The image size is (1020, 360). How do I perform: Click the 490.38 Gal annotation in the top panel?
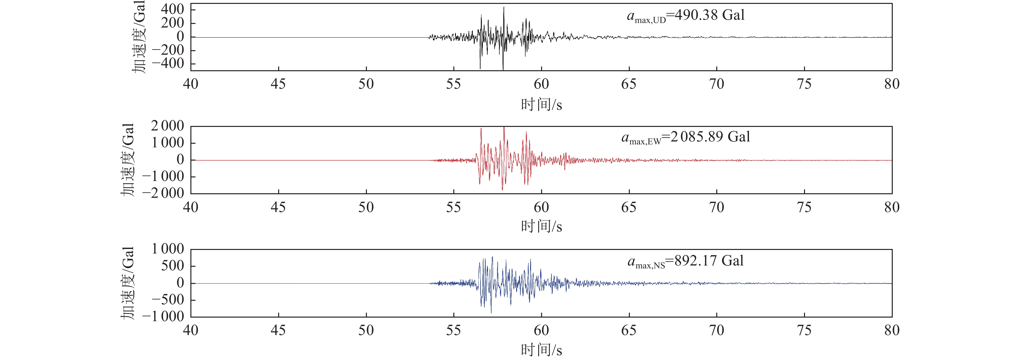click(x=686, y=16)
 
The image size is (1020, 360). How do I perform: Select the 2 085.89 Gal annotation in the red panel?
click(x=686, y=137)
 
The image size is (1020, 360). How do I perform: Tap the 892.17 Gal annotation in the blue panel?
click(x=686, y=261)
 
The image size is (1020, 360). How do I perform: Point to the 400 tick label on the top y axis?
click(x=173, y=9)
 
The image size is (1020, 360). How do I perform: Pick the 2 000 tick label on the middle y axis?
click(x=167, y=126)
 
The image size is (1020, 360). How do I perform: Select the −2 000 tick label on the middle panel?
click(x=163, y=193)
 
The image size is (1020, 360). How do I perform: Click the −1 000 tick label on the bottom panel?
click(x=163, y=316)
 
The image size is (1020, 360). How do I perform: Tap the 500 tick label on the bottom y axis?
click(x=173, y=266)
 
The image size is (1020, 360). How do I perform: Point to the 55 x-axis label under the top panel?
click(x=453, y=84)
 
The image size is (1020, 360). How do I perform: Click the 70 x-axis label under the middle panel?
click(x=716, y=207)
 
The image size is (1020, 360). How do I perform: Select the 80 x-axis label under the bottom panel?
click(x=892, y=330)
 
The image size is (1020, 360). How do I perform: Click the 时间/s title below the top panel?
click(x=541, y=105)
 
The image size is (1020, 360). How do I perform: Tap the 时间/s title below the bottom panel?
click(x=541, y=350)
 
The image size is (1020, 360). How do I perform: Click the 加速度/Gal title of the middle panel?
click(x=128, y=160)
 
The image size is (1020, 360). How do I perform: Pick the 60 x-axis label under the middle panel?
click(x=541, y=207)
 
